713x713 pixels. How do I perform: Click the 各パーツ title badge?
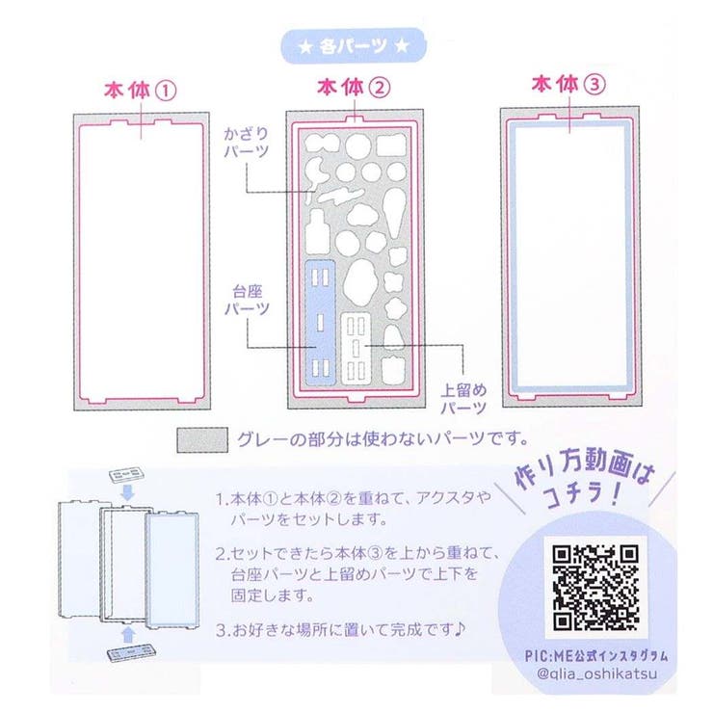354,45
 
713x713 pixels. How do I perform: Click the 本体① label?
140,91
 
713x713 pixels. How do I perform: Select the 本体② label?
354,88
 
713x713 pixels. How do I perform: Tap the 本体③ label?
568,85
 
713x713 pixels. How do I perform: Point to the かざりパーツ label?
246,143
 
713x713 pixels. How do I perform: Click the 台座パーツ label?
247,300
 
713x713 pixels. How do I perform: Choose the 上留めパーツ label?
463,398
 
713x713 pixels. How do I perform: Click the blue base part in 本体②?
320,323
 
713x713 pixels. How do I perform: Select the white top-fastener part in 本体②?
356,349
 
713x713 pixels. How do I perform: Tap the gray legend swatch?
202,439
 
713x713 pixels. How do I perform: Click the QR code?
595,588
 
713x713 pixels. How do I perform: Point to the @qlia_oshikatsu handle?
596,673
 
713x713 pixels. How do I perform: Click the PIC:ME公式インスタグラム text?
596,656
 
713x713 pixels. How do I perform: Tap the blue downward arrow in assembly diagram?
128,492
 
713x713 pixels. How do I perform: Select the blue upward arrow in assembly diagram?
129,635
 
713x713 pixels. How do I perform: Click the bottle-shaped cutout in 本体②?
317,232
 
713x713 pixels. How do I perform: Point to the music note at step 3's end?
460,629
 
